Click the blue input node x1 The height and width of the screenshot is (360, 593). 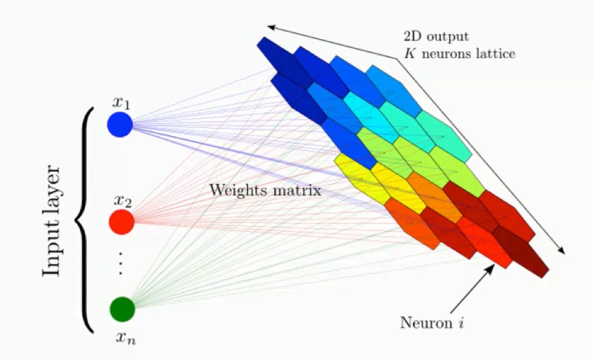click(x=120, y=124)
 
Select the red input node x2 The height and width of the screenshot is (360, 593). click(x=122, y=222)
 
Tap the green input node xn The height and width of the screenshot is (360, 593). click(x=123, y=309)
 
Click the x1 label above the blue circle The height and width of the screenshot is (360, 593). click(x=121, y=103)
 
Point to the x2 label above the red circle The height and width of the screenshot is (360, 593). click(x=123, y=201)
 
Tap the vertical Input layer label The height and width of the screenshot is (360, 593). click(x=51, y=222)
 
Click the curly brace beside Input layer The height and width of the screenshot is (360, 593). click(x=84, y=221)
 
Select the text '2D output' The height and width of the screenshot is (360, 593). click(x=436, y=37)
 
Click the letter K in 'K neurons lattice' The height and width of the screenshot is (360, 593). click(x=409, y=53)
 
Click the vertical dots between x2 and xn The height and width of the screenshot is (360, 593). click(x=121, y=262)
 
